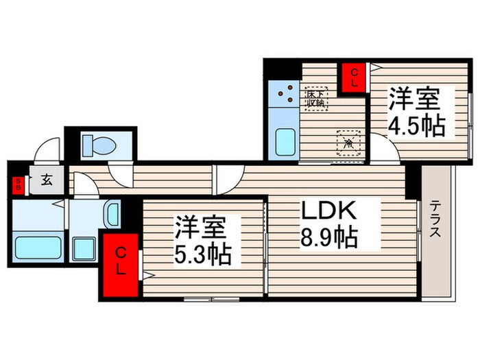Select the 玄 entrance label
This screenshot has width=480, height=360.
(x=47, y=182)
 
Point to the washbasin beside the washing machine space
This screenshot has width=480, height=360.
(x=111, y=215)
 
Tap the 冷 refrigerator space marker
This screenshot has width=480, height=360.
(x=348, y=143)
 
